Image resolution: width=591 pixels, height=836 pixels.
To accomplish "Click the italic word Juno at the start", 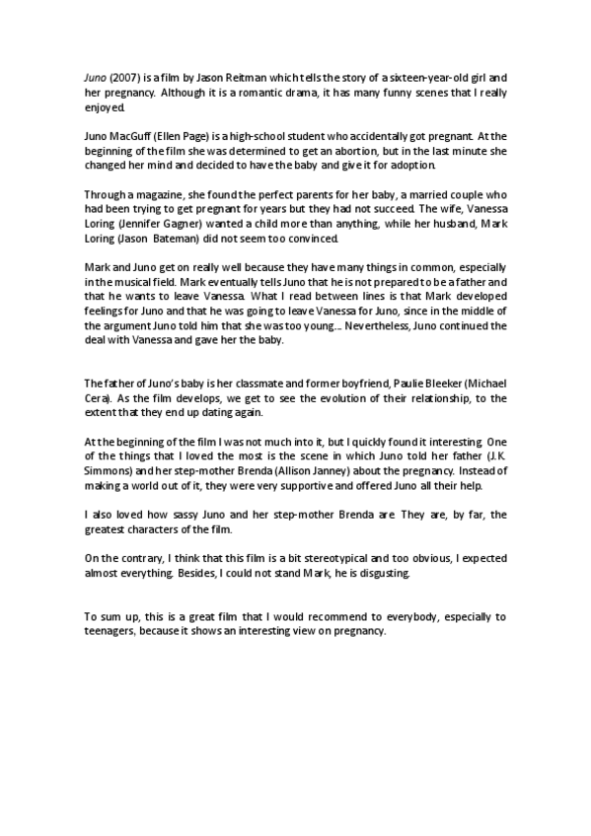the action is (x=96, y=77).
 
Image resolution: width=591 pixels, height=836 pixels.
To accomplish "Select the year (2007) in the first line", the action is (x=125, y=77).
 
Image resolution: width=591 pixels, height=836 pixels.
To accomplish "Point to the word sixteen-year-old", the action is (x=384, y=77).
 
